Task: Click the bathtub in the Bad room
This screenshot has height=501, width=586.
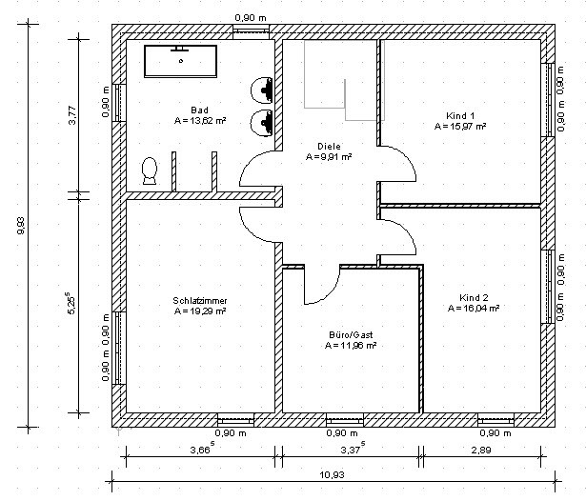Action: tap(180, 61)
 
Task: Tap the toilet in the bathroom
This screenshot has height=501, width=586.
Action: tap(150, 170)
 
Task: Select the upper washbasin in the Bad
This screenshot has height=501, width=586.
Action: tap(262, 90)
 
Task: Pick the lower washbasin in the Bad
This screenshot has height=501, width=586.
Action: tap(262, 123)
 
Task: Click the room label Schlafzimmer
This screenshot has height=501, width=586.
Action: tap(200, 300)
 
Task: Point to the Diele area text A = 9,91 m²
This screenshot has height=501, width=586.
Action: tap(329, 157)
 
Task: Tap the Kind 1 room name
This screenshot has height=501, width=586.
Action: tap(460, 116)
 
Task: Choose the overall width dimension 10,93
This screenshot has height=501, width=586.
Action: tap(333, 475)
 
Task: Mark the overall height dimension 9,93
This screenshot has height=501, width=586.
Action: tap(21, 226)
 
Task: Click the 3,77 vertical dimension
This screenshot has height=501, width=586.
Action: tap(72, 115)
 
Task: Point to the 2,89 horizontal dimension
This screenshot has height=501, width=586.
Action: tap(481, 450)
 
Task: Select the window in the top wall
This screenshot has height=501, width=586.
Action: tap(252, 31)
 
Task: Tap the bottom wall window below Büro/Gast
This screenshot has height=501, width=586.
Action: tap(344, 420)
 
